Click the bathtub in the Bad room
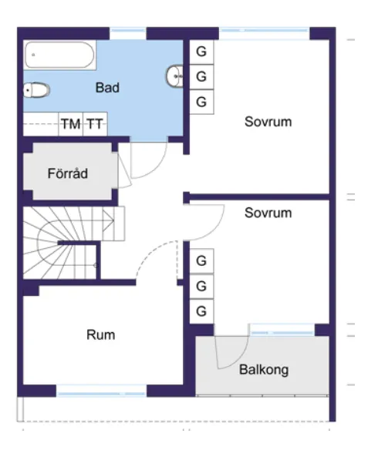59,55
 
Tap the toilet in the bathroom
36,90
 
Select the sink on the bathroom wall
174,76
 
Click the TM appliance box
71,124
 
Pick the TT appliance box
95,124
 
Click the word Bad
107,88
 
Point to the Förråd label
68,173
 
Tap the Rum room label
101,334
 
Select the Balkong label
264,370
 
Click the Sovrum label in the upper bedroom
268,122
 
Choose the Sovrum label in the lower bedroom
268,213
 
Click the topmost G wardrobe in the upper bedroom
201,52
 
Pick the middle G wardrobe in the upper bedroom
201,77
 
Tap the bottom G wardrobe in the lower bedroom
201,311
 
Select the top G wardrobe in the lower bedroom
201,261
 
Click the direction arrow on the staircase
108,220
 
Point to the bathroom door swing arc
155,170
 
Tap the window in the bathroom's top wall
128,30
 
